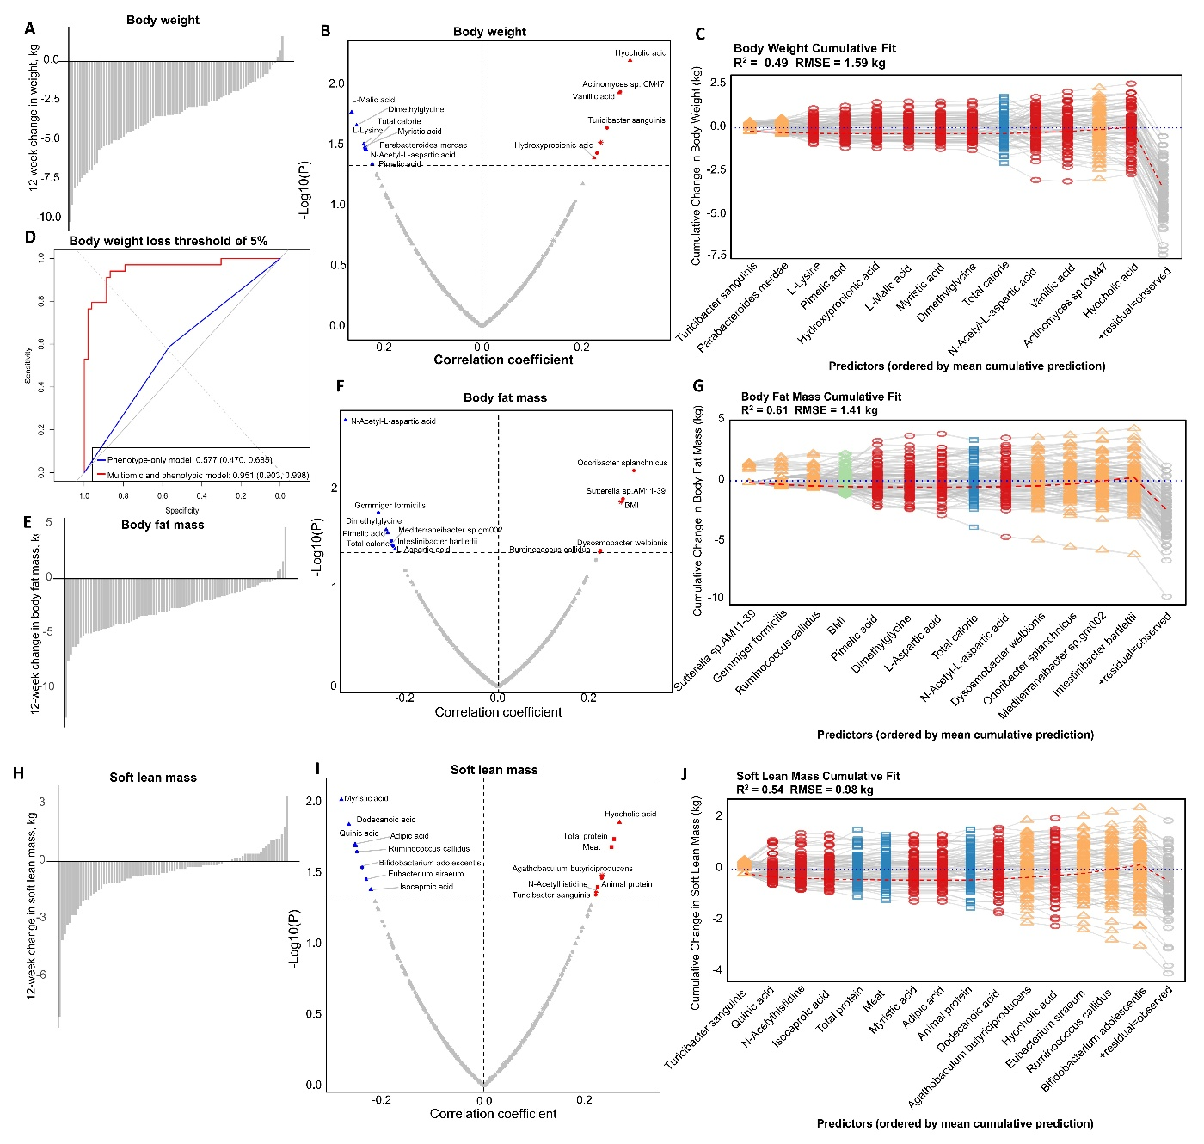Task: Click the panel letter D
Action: click(x=30, y=237)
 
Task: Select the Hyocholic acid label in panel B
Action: click(x=641, y=53)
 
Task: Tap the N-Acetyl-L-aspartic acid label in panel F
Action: click(x=393, y=421)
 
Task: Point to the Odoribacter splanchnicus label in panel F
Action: click(x=622, y=463)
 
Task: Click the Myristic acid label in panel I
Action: click(x=366, y=799)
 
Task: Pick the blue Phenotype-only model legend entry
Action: click(x=189, y=460)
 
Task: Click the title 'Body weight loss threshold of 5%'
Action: click(x=169, y=241)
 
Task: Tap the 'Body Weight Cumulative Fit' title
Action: click(x=814, y=48)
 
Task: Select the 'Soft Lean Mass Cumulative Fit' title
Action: click(x=818, y=776)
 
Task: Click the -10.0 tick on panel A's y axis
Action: click(x=50, y=217)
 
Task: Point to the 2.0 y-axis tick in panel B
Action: click(x=336, y=83)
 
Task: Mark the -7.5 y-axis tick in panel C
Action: click(x=717, y=255)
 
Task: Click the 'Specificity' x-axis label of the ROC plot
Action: click(x=182, y=510)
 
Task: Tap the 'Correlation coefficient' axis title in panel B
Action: click(x=503, y=360)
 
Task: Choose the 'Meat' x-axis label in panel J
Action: click(x=873, y=1001)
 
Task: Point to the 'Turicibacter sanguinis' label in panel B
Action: click(x=626, y=120)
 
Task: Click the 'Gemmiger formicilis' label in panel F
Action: click(x=390, y=506)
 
